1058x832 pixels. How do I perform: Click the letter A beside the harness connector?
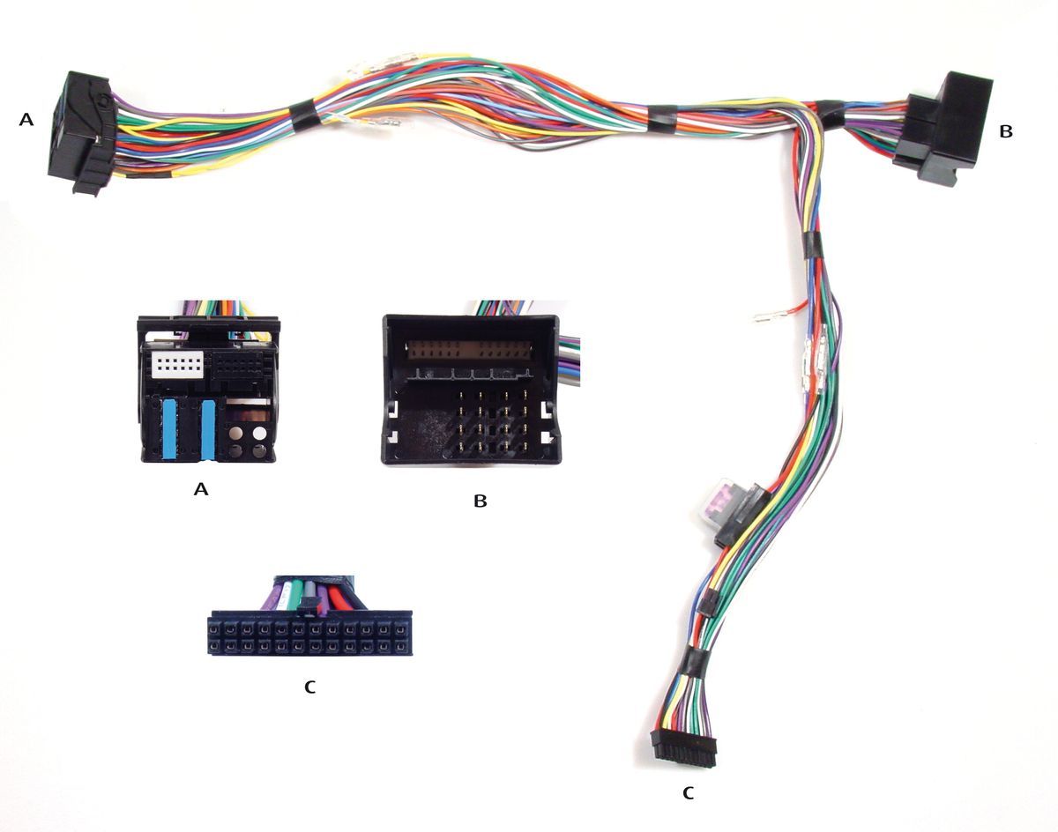(x=26, y=119)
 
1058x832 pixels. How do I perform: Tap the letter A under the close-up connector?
(x=201, y=488)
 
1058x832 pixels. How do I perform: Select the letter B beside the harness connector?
(x=1006, y=131)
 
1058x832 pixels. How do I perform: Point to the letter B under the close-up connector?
(x=480, y=501)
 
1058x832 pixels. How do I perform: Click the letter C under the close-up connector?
(x=309, y=687)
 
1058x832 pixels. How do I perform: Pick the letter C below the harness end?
(x=689, y=794)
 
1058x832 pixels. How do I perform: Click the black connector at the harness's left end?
(x=81, y=131)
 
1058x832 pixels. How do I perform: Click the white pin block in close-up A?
(x=177, y=365)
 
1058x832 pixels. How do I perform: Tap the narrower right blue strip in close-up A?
(x=208, y=429)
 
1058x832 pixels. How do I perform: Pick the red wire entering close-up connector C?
(x=337, y=598)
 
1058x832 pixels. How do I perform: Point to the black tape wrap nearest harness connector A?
(x=304, y=117)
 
